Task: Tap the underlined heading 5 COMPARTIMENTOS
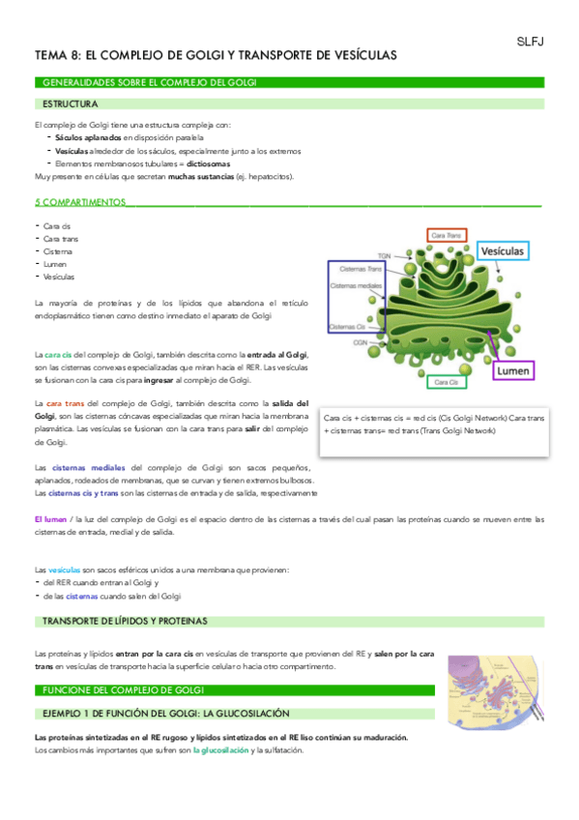click(79, 203)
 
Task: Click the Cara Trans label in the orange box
click(446, 235)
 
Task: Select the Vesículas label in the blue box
click(504, 251)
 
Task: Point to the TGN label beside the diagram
click(384, 256)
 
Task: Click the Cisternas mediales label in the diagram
click(353, 286)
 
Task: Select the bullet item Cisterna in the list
click(58, 251)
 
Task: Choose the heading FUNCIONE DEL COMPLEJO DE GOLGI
click(119, 690)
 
